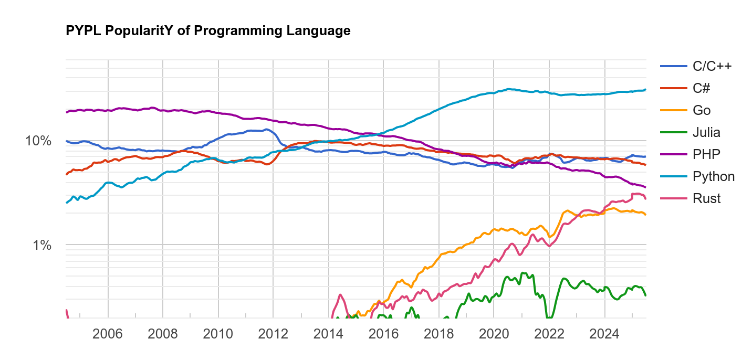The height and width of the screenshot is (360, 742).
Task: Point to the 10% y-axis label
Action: click(x=39, y=141)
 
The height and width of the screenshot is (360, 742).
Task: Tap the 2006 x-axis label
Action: click(x=108, y=334)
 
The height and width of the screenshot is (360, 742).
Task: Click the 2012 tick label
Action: click(x=273, y=334)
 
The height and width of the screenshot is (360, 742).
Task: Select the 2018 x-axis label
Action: click(x=439, y=334)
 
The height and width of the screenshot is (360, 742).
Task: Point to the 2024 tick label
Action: click(x=605, y=334)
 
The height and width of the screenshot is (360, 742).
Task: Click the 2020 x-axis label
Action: click(x=494, y=334)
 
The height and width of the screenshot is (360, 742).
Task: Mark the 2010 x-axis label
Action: click(x=218, y=334)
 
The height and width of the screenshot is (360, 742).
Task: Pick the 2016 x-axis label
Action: click(x=384, y=334)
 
